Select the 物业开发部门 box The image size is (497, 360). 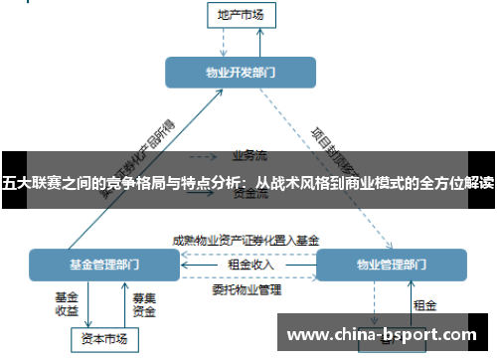point(241,73)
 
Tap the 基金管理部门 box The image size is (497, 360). point(104,265)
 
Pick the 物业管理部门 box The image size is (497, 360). point(391,265)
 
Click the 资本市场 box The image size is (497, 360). point(104,339)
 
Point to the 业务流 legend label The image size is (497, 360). point(250,155)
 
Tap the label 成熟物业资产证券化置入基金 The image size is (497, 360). point(246,240)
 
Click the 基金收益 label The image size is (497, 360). point(67,303)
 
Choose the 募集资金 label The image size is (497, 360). point(144,303)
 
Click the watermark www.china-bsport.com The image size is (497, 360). point(381,335)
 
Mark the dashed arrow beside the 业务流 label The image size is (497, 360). point(204,156)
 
